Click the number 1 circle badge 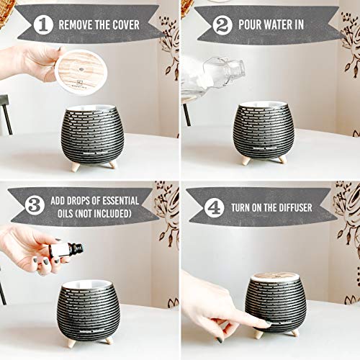(x=43, y=24)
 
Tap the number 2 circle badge (x=222, y=25)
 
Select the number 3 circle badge (x=35, y=205)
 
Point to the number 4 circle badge (x=214, y=207)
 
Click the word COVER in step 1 (x=126, y=24)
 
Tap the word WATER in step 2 (x=276, y=24)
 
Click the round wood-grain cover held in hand (x=81, y=72)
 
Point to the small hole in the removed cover (x=81, y=70)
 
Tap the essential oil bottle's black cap (x=76, y=248)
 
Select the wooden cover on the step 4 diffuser (x=275, y=276)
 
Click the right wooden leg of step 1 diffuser (x=112, y=164)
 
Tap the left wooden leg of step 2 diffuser (x=246, y=161)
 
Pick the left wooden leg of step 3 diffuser (x=71, y=343)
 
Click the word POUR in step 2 (x=248, y=24)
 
